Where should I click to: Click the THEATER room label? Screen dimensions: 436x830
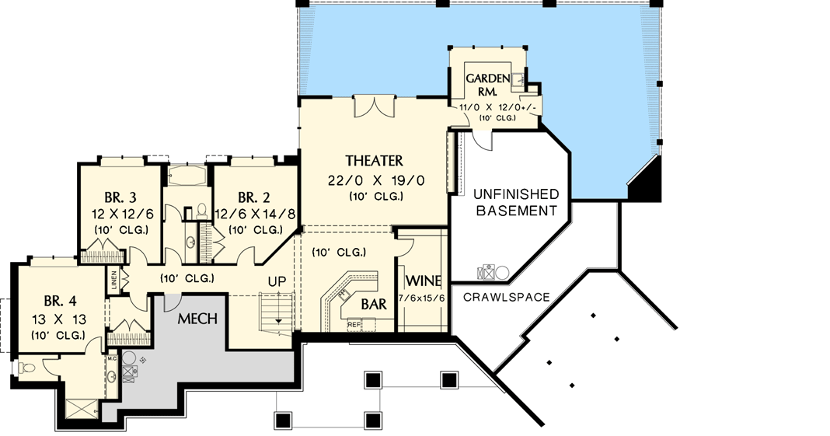point(374,161)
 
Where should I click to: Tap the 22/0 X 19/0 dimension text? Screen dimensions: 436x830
point(374,180)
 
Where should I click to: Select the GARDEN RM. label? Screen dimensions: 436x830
point(487,84)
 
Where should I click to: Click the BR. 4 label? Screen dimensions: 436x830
point(58,302)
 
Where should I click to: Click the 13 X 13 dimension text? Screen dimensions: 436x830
point(58,319)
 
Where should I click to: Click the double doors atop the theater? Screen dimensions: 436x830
point(375,106)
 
